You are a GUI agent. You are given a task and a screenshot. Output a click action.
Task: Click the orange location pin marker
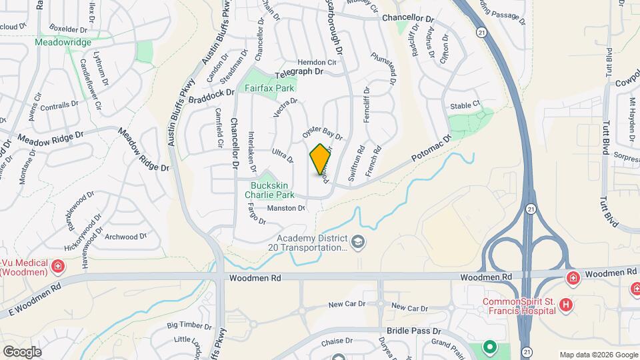(320, 159)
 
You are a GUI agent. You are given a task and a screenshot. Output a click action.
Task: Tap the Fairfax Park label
(270, 88)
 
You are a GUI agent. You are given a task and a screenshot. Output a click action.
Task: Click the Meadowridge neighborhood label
(63, 42)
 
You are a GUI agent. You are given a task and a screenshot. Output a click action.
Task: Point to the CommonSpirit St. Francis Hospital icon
(566, 305)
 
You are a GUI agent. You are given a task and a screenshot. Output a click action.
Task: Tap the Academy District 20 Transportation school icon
(358, 241)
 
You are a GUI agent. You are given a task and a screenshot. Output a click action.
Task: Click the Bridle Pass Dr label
(414, 331)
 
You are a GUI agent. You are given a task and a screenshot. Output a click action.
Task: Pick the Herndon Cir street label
(317, 61)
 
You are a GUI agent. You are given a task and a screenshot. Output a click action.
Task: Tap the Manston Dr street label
(285, 209)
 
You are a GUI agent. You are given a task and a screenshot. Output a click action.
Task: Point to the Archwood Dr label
(126, 237)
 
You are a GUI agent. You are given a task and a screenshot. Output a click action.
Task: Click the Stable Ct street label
(465, 105)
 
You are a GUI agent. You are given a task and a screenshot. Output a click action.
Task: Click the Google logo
(22, 351)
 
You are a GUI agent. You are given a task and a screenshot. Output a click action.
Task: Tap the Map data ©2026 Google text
(599, 354)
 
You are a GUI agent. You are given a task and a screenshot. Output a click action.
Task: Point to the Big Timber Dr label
(189, 325)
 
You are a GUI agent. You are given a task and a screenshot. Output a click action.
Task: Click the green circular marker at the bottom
(490, 347)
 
